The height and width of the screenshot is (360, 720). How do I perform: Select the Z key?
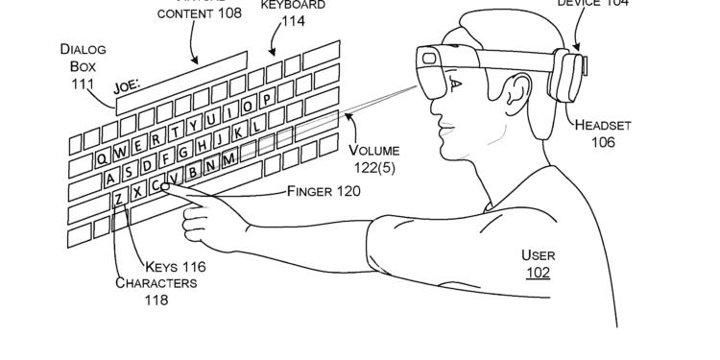click(x=118, y=198)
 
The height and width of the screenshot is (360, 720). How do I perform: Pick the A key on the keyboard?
click(x=112, y=177)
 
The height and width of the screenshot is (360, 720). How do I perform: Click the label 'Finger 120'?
click(x=324, y=191)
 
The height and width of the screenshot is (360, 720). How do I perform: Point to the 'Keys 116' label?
click(x=175, y=266)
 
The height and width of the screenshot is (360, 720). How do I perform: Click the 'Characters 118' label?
click(x=156, y=291)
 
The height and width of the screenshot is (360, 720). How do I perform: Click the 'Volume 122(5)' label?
click(x=374, y=159)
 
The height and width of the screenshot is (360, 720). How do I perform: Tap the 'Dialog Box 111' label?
click(x=83, y=66)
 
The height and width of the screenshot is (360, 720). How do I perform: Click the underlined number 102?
click(x=538, y=272)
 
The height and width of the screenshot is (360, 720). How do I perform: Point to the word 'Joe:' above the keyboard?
click(x=127, y=86)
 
